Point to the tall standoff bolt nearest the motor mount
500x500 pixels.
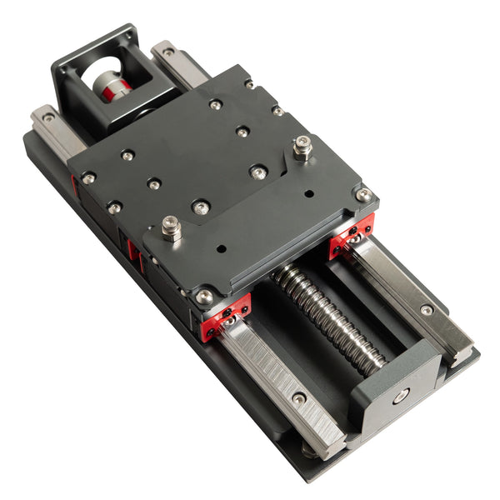coord(302,150)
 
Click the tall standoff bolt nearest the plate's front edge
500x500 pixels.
coord(172,227)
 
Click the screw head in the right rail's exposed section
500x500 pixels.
coord(427,310)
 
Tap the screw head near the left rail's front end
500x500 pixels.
coord(298,398)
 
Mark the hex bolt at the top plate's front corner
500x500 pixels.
coord(204,296)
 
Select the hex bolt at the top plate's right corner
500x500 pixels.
coord(363,195)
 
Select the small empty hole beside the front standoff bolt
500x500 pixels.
coord(221,247)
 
